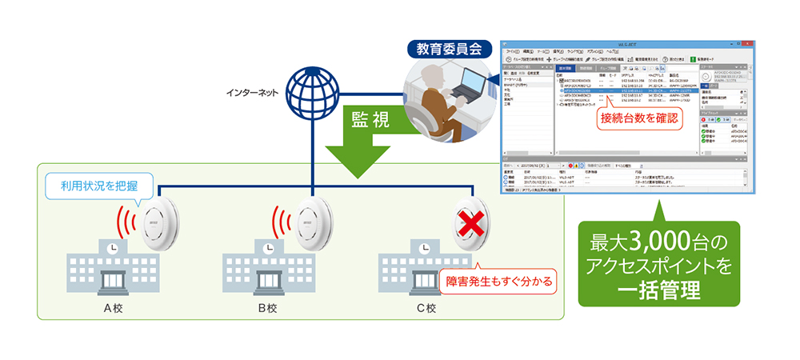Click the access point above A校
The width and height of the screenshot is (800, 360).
160,222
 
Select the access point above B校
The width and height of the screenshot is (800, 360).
315,222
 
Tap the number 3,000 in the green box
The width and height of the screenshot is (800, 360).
658,238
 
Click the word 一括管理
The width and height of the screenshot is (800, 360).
659,285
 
